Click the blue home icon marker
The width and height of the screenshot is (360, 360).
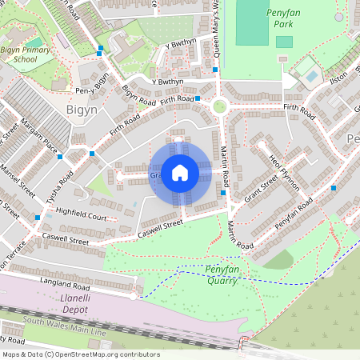point(180,172)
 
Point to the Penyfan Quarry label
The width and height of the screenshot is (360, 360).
point(221,274)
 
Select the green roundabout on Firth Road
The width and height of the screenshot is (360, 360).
point(219,106)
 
